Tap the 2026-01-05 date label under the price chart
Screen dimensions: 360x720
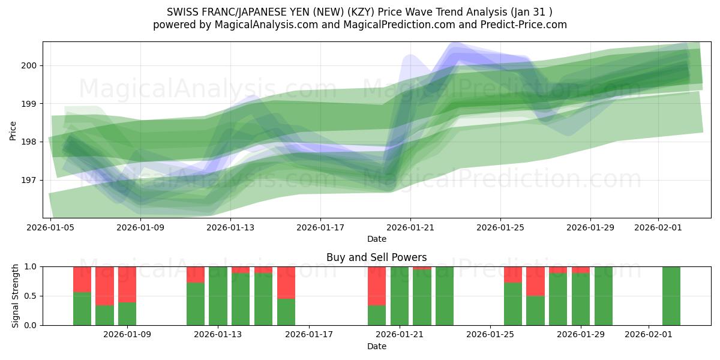coord(50,227)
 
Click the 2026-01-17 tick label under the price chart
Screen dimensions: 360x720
coord(320,227)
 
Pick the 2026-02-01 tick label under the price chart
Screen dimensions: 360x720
coord(658,227)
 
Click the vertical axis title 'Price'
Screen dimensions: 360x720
coord(13,130)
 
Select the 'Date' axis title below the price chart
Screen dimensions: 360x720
coord(377,239)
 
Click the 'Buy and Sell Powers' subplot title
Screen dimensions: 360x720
coord(377,257)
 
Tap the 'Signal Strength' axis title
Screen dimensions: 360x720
coord(16,296)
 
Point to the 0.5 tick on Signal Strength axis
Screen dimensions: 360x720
coord(30,296)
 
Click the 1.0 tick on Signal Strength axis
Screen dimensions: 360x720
coord(30,266)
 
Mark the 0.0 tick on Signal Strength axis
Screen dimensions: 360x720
coord(30,325)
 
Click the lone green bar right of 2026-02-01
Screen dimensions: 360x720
coord(671,296)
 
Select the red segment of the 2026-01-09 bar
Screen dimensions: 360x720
coord(127,284)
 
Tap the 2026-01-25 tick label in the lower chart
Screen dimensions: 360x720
coord(490,335)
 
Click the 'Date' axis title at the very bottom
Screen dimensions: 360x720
coord(377,346)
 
